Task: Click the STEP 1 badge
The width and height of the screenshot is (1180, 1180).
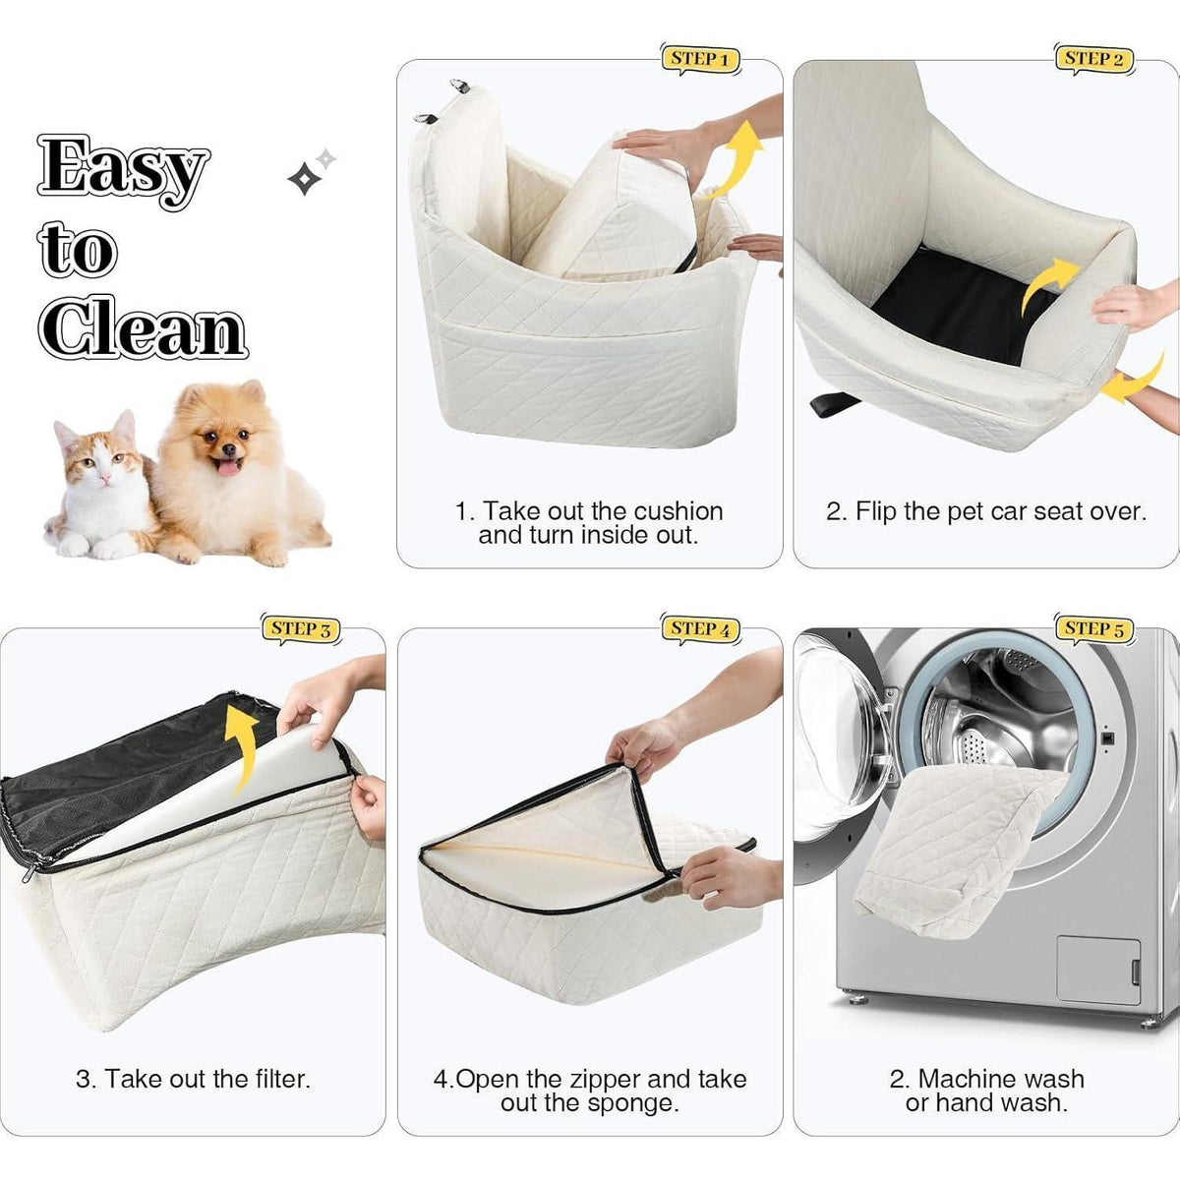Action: point(700,59)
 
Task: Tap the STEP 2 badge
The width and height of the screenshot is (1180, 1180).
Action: point(1093,59)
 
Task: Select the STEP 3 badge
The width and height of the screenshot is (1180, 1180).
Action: point(301,629)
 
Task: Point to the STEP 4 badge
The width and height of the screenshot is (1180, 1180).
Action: point(700,629)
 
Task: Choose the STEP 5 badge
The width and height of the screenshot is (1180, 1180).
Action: point(1093,629)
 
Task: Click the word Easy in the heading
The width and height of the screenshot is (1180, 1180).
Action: point(124,171)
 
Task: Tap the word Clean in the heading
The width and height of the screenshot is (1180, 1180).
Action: point(143,327)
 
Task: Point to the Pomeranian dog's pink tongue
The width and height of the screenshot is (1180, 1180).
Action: point(229,468)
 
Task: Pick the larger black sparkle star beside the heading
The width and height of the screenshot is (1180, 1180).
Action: point(304,178)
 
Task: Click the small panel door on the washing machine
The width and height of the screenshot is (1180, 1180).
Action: point(1099,971)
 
